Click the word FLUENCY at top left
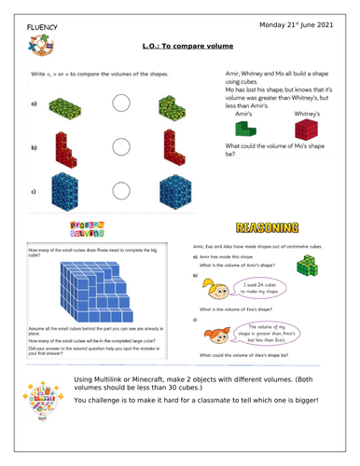(x=35, y=27)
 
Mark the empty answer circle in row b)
(x=122, y=148)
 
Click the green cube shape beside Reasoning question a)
(x=307, y=267)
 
